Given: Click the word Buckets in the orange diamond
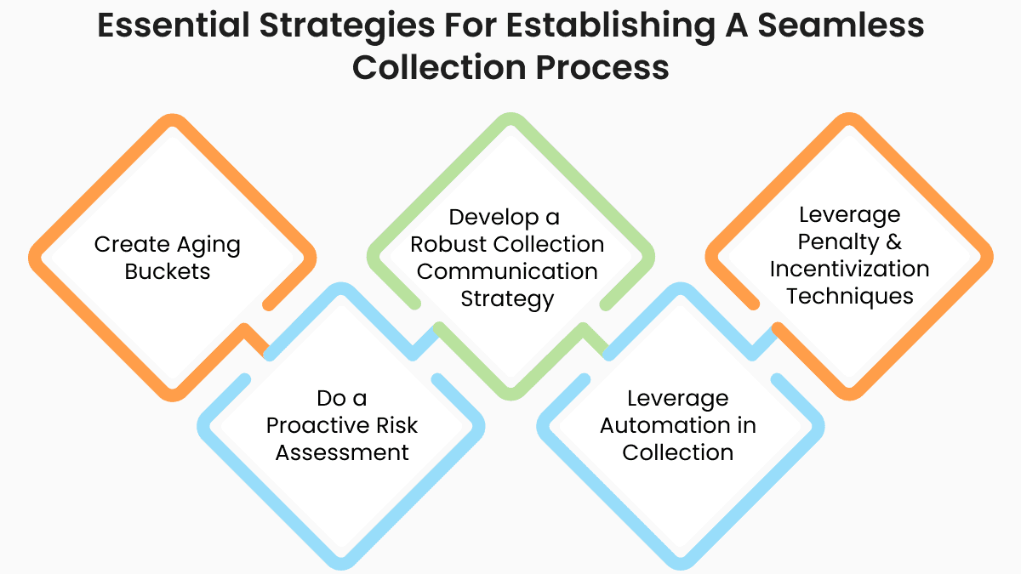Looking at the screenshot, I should click(168, 271).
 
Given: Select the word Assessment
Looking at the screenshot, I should click(342, 452).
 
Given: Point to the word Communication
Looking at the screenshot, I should click(507, 271).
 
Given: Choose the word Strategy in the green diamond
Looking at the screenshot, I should click(507, 298).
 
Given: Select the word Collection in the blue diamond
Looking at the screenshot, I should click(677, 452).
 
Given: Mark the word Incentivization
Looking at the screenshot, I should click(849, 269).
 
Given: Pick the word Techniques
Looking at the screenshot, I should click(849, 296).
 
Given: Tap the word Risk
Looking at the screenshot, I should click(399, 424).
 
